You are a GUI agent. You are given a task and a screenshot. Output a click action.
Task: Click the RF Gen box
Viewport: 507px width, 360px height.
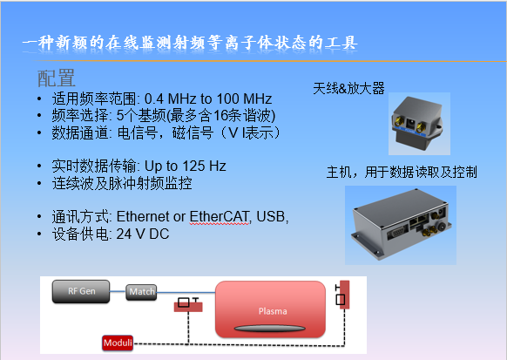tap(81, 291)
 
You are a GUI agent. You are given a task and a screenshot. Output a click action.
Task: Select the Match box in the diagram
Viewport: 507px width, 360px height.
tap(141, 292)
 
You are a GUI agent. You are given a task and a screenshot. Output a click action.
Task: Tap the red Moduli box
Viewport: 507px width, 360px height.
tap(118, 343)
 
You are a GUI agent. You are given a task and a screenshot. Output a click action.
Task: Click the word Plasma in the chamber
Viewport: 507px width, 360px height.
tap(273, 311)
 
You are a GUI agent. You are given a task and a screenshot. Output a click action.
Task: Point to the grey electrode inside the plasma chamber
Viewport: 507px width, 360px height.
tap(270, 329)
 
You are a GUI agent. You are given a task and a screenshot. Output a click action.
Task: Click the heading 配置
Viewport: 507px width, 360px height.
tap(57, 78)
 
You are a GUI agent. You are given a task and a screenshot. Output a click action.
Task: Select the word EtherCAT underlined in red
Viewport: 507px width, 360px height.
tap(219, 217)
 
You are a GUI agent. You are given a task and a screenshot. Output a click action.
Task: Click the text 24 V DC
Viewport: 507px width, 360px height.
tap(143, 234)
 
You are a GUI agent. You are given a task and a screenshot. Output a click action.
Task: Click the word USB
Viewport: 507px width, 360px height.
tap(271, 217)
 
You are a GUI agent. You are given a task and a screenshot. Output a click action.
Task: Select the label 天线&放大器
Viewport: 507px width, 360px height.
tap(348, 88)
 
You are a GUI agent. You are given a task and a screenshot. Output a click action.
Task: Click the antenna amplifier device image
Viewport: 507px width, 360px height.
tap(419, 124)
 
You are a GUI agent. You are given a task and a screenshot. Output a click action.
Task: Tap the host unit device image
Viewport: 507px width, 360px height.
tap(401, 225)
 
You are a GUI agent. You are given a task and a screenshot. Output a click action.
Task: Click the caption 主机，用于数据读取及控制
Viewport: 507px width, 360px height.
tap(402, 172)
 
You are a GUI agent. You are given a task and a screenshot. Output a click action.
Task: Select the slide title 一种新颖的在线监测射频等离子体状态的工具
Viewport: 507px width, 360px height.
tap(190, 43)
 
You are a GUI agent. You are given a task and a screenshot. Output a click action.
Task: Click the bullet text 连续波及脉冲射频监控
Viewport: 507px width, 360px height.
tap(122, 183)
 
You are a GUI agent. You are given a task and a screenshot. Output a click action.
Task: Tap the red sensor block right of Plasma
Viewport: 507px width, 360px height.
tap(344, 295)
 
